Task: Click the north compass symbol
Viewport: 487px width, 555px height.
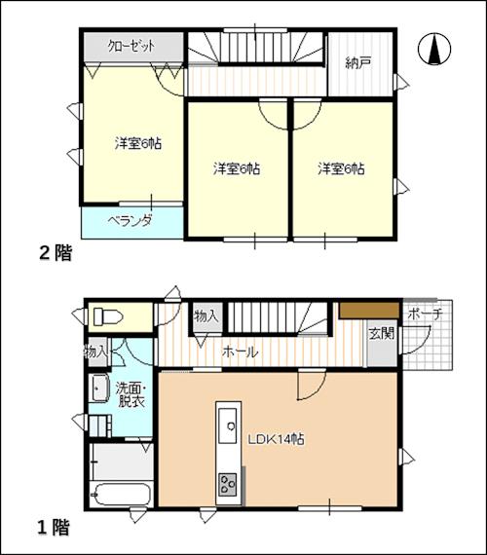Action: (x=434, y=50)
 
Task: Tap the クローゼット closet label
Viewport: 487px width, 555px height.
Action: (x=131, y=47)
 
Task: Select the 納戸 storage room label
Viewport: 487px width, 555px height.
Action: (x=358, y=63)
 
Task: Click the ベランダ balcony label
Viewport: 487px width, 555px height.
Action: (x=130, y=221)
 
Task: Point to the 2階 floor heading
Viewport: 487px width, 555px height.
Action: (x=56, y=253)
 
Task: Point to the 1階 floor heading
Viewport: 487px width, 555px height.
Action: (x=54, y=527)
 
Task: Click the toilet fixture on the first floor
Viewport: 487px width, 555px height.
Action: (x=108, y=316)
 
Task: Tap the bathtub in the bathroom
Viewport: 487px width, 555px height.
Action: (x=121, y=494)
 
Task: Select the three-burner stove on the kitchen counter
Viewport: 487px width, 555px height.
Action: (x=227, y=484)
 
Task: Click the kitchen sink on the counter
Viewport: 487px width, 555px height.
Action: (x=227, y=425)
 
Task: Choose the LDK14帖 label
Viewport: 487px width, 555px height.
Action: (x=276, y=439)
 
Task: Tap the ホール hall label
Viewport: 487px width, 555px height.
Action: (x=240, y=352)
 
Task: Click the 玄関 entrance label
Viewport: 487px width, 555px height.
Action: (x=382, y=333)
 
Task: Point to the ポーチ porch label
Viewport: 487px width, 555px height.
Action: (x=425, y=314)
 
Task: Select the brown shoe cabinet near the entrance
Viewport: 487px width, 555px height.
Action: (x=369, y=311)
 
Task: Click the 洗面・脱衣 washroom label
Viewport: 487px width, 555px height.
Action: (x=131, y=395)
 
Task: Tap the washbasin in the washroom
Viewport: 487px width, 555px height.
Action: (x=98, y=388)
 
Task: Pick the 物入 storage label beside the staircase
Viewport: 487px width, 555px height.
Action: (x=206, y=316)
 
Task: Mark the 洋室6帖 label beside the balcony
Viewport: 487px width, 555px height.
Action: (x=137, y=143)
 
